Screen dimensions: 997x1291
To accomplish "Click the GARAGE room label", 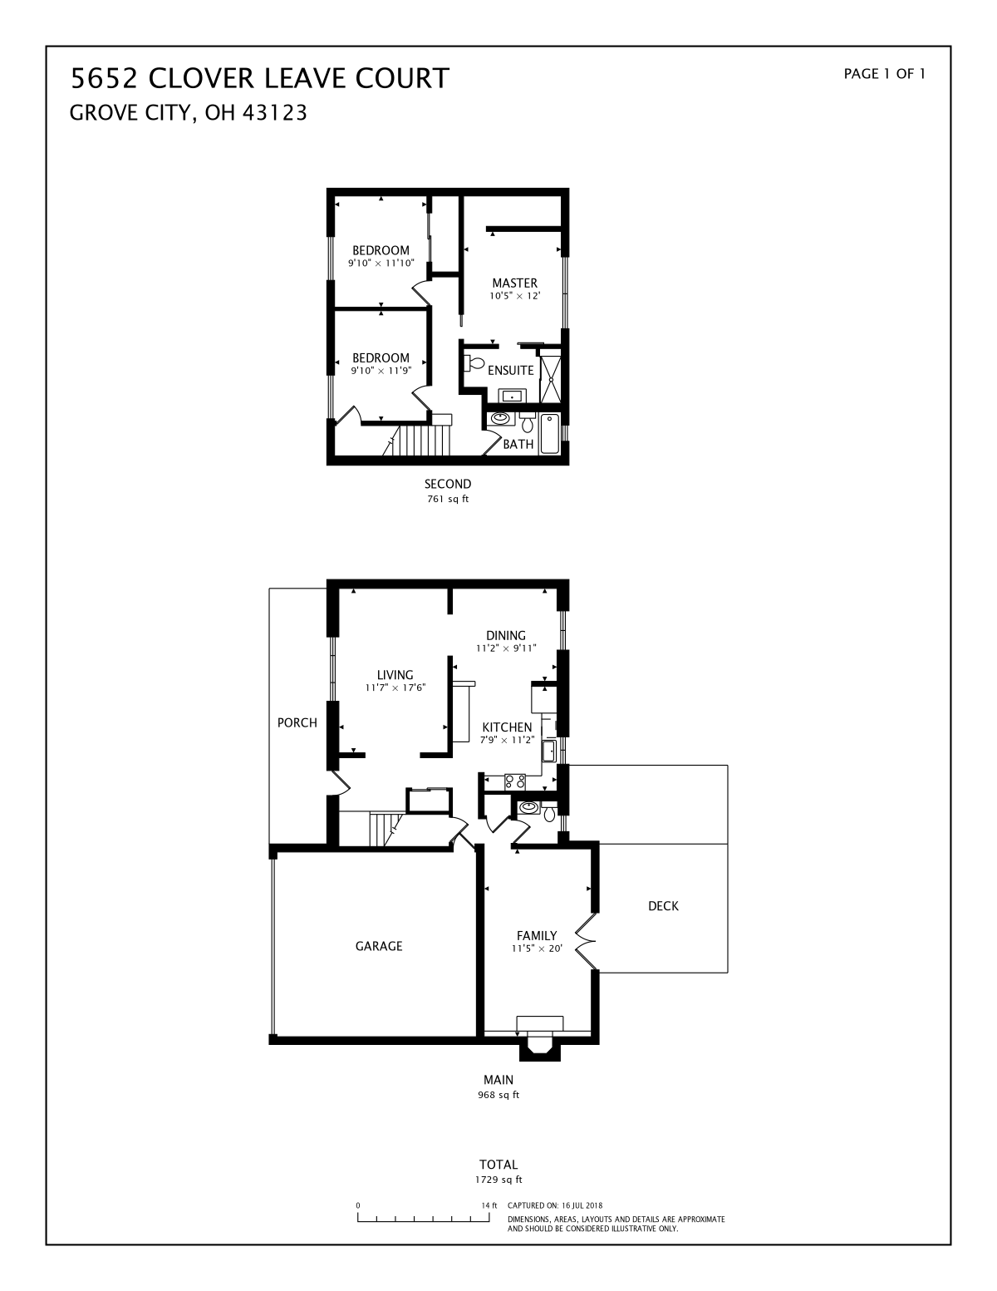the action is click(379, 946).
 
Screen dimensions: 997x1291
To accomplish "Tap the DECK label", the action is click(663, 906).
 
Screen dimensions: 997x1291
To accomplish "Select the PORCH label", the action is click(297, 723).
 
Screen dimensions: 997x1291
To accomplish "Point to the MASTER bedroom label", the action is click(515, 283).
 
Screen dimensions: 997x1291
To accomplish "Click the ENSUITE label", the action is click(511, 371).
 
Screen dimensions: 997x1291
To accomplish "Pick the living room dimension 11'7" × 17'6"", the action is click(395, 688).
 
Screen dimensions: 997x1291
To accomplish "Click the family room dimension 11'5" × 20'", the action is click(537, 949).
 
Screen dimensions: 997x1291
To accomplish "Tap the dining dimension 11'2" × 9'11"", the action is click(506, 648).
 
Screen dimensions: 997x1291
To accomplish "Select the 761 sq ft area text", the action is click(448, 500).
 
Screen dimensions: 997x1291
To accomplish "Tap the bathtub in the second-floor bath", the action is click(550, 434).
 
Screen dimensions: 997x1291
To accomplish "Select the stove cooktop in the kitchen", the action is click(515, 782).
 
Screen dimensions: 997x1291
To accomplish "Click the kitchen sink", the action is click(548, 751).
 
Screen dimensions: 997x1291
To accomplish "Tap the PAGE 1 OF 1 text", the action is click(884, 74).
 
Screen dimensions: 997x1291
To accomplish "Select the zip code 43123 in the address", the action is click(273, 113).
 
